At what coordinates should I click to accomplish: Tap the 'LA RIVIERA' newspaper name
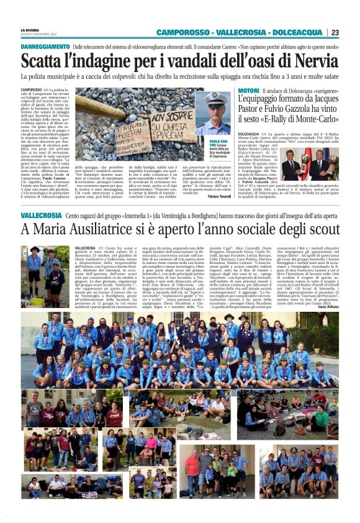pos(30,29)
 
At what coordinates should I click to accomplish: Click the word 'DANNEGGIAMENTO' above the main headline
pos(45,47)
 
